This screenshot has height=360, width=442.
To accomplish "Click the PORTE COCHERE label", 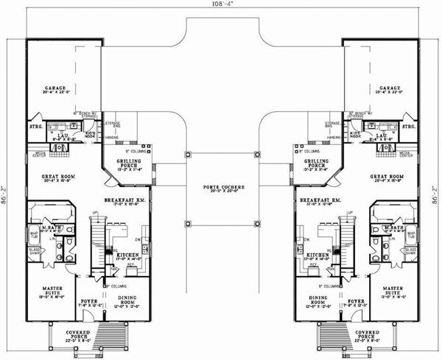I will (x=220, y=188).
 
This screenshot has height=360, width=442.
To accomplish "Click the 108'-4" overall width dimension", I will (x=220, y=6).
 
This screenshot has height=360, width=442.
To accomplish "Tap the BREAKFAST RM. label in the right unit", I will (x=318, y=200).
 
